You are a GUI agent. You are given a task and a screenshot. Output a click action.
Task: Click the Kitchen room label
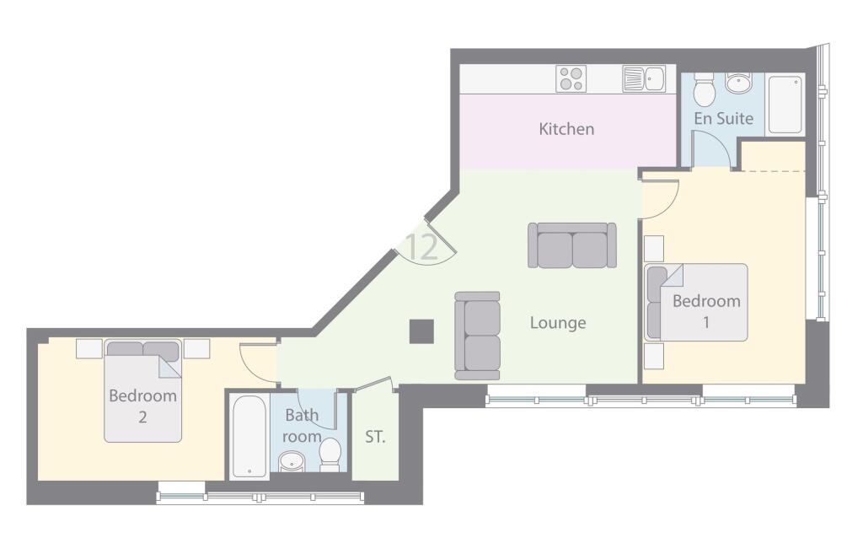(566, 129)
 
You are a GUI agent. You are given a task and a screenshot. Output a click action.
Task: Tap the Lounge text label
(558, 323)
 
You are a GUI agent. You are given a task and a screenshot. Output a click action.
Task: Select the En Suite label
(723, 119)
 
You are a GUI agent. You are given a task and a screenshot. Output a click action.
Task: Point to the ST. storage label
(376, 437)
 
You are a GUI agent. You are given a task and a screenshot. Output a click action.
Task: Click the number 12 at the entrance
(421, 247)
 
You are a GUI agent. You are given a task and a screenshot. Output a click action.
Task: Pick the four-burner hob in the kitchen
(571, 79)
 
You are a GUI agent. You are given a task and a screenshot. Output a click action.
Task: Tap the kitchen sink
(644, 79)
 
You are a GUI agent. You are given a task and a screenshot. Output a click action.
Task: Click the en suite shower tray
(785, 105)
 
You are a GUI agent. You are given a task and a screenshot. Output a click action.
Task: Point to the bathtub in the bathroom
(249, 435)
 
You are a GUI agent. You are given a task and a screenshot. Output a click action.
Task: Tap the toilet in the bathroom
(330, 453)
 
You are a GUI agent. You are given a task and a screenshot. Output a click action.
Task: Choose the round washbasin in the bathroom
(292, 462)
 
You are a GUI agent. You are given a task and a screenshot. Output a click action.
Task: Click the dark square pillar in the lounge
(421, 331)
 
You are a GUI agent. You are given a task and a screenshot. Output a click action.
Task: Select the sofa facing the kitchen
(572, 245)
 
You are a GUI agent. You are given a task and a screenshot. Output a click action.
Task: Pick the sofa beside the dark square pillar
(477, 336)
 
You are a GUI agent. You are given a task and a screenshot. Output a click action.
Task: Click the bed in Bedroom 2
(143, 392)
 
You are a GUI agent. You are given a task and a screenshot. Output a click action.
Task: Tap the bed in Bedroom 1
(696, 302)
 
